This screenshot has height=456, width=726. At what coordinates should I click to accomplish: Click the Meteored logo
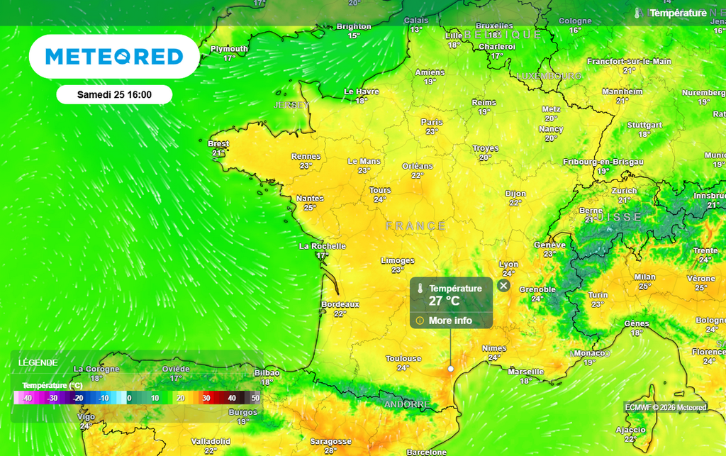(114, 57)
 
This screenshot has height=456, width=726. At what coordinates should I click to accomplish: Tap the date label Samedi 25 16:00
(114, 94)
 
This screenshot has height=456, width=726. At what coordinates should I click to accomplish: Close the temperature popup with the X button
(503, 286)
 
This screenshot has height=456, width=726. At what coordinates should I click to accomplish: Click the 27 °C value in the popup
(445, 301)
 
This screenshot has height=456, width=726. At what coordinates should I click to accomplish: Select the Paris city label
(432, 122)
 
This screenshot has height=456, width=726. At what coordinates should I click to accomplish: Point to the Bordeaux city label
(340, 304)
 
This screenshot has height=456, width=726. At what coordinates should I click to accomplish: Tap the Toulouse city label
(403, 359)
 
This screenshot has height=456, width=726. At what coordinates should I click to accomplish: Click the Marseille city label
(526, 372)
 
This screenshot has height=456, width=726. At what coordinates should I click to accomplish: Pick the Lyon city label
(508, 265)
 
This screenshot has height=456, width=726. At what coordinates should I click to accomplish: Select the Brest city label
(220, 143)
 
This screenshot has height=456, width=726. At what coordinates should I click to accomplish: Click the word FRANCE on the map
(416, 226)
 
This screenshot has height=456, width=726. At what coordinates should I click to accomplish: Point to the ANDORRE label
(406, 404)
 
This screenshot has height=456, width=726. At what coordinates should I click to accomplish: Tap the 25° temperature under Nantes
(310, 208)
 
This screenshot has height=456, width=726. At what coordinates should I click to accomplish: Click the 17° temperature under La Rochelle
(323, 255)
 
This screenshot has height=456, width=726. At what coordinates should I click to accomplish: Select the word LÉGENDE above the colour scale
(38, 362)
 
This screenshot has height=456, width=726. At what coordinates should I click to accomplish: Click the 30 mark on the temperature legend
(206, 399)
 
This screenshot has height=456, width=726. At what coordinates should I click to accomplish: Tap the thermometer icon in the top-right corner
(638, 13)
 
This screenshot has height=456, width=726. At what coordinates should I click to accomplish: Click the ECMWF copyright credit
(666, 407)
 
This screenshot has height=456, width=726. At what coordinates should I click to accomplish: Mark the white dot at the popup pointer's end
(451, 369)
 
